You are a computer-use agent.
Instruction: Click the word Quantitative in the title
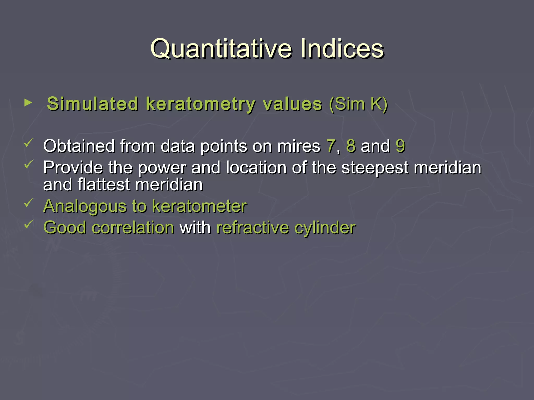tap(221, 49)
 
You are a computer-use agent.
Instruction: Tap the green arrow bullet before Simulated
tap(28, 103)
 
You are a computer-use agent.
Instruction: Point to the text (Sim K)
tap(358, 104)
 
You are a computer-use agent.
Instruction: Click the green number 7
tap(331, 146)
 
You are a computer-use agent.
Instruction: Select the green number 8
tap(351, 146)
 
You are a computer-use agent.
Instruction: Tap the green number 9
tap(400, 146)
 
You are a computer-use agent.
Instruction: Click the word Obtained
tap(79, 146)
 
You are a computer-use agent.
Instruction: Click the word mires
tap(299, 146)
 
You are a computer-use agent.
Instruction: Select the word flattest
tap(104, 185)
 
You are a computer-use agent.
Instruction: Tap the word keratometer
tap(199, 206)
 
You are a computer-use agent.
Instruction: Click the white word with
tap(195, 228)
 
